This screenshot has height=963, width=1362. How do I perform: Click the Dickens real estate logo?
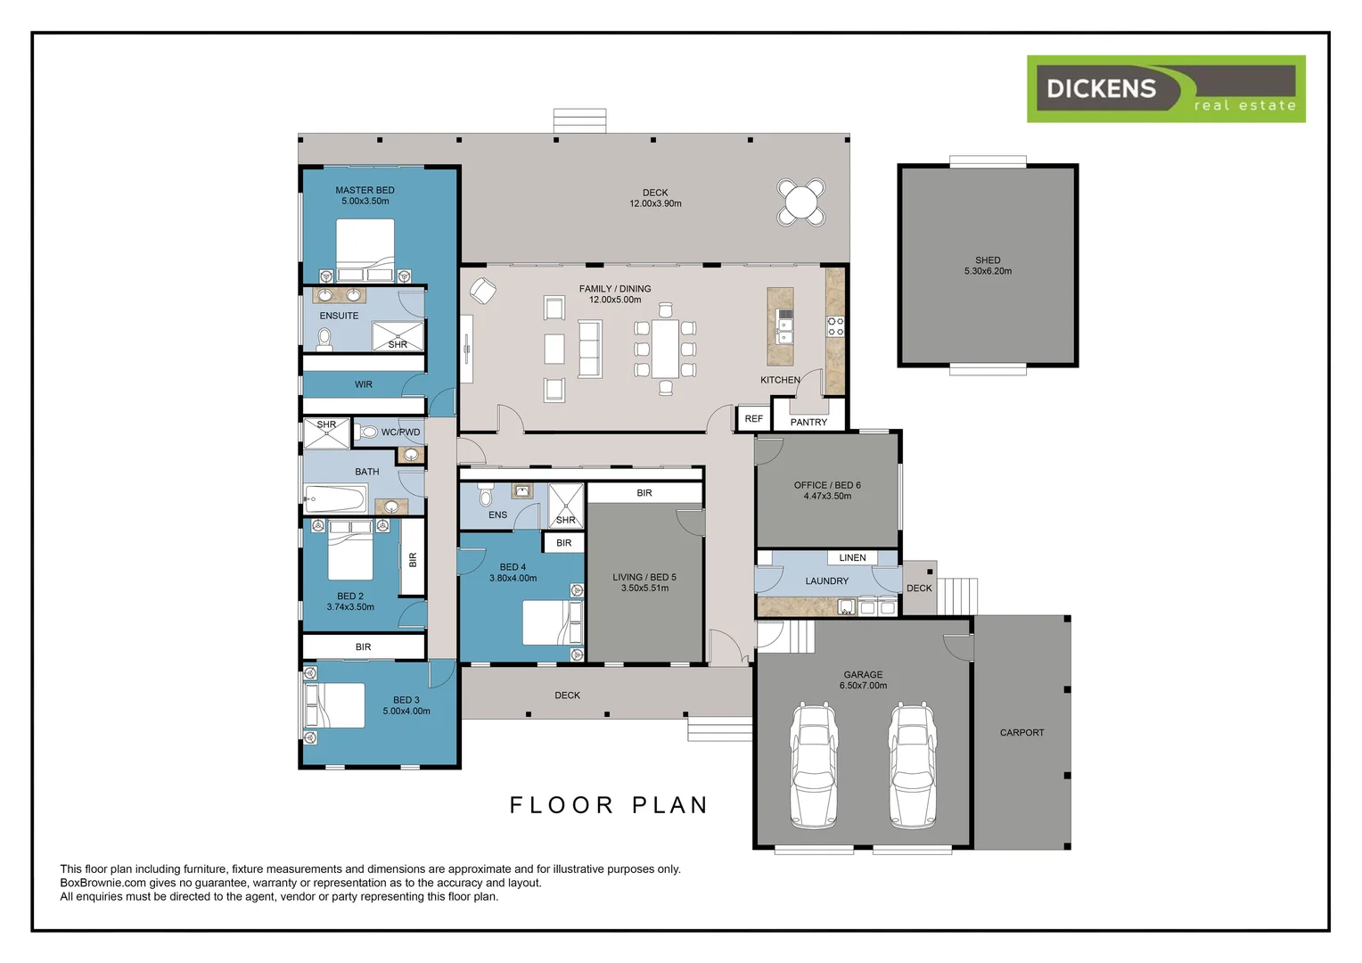(x=1165, y=89)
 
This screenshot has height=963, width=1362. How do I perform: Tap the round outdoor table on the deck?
(x=800, y=202)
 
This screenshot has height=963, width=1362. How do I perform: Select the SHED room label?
(x=988, y=260)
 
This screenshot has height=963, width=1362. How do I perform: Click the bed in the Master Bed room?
(x=365, y=249)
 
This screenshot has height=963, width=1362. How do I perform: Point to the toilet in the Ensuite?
(x=324, y=339)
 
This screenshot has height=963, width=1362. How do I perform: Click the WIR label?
(x=364, y=384)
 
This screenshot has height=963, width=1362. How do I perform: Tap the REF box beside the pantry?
(x=753, y=418)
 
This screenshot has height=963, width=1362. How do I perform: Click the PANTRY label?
(x=808, y=422)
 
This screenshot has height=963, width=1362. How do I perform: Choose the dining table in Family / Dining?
(x=665, y=348)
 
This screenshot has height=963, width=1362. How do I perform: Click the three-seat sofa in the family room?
(x=590, y=348)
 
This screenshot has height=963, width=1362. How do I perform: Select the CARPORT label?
(x=1021, y=732)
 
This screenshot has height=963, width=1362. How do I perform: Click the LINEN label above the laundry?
(x=852, y=557)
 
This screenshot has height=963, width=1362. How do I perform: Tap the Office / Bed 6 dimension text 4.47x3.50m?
(x=827, y=496)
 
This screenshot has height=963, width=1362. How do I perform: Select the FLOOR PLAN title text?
(x=609, y=805)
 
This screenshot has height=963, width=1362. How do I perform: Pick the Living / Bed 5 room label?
(x=644, y=577)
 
